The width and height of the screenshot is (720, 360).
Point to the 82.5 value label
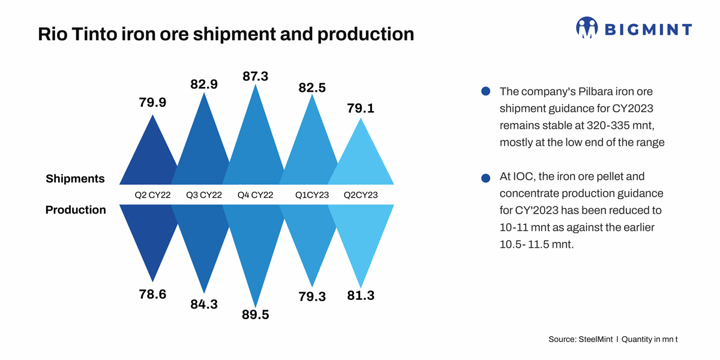point(312,88)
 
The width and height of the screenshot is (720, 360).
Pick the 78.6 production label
point(152,295)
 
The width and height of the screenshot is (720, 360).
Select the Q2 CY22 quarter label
point(153,195)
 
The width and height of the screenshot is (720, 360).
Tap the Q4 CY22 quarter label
point(256,195)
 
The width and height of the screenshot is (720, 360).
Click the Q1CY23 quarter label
point(312,195)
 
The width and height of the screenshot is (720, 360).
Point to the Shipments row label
point(75,179)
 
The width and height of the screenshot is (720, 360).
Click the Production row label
point(76,210)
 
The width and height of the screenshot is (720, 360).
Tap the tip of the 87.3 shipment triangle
point(256,86)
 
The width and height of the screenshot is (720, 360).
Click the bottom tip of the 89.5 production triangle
point(256,306)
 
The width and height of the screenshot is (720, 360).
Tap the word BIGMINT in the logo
point(647,29)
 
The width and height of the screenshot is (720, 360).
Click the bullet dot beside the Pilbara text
point(486,92)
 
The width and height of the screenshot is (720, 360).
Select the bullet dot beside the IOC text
point(486,178)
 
